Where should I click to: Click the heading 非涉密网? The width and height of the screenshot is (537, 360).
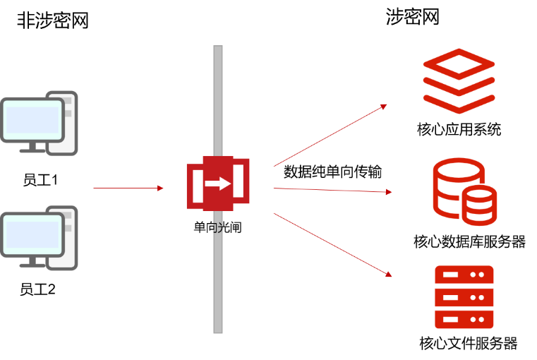pyautogui.click(x=53, y=20)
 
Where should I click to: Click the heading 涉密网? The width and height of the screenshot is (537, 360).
pyautogui.click(x=412, y=17)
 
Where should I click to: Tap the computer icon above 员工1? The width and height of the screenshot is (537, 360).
pyautogui.click(x=39, y=123)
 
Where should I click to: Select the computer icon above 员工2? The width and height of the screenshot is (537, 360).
pyautogui.click(x=39, y=238)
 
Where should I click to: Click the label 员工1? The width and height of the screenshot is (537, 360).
pyautogui.click(x=40, y=180)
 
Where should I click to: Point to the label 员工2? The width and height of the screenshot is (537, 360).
pyautogui.click(x=37, y=289)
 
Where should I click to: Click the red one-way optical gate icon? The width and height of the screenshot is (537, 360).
pyautogui.click(x=218, y=184)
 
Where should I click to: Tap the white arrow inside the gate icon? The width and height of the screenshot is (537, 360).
pyautogui.click(x=218, y=184)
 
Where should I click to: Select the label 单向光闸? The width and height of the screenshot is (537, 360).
pyautogui.click(x=218, y=227)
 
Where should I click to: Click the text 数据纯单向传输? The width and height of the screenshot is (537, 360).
pyautogui.click(x=332, y=172)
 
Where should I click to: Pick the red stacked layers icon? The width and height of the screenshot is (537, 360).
pyautogui.click(x=459, y=81)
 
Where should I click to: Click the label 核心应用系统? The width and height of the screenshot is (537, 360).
pyautogui.click(x=459, y=129)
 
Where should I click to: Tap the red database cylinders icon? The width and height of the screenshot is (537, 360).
pyautogui.click(x=465, y=191)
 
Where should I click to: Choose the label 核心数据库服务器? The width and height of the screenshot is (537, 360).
pyautogui.click(x=469, y=241)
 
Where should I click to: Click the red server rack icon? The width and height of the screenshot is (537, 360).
pyautogui.click(x=464, y=297)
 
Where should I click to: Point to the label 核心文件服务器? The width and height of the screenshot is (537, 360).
pyautogui.click(x=469, y=343)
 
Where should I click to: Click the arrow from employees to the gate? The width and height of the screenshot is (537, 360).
pyautogui.click(x=128, y=188)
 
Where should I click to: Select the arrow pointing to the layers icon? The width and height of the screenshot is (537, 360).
pyautogui.click(x=330, y=136)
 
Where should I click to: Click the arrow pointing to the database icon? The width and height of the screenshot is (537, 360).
pyautogui.click(x=332, y=190)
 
